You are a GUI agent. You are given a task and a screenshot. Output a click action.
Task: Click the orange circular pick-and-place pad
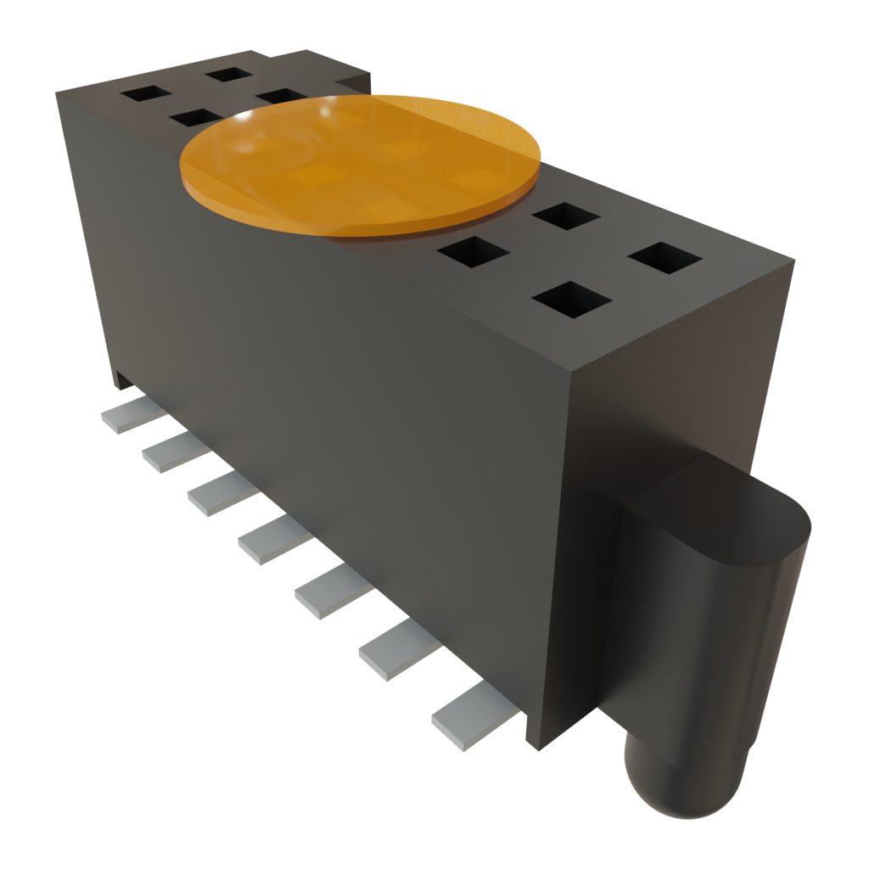361,165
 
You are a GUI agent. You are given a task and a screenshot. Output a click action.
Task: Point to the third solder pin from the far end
219,495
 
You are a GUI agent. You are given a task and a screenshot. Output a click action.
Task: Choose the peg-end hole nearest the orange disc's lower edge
474,252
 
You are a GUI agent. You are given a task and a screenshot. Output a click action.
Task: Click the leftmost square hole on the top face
145,93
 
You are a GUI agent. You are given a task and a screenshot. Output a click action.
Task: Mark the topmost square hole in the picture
229,74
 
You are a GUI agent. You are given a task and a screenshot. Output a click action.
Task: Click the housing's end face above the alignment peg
679,382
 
